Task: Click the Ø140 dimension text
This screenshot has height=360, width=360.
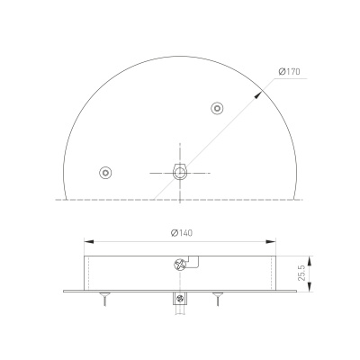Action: (182, 233)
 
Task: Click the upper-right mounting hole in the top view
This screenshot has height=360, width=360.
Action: (216, 109)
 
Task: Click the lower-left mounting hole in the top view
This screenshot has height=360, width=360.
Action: (106, 171)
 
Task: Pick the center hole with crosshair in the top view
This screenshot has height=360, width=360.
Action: (180, 171)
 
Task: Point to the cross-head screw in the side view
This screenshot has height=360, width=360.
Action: (179, 265)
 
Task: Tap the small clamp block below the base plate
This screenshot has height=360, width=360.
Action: (180, 299)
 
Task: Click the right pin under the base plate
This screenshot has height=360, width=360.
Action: (216, 298)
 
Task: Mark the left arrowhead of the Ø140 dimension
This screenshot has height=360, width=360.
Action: (86, 240)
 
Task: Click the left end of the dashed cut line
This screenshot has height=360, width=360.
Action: (57, 198)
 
